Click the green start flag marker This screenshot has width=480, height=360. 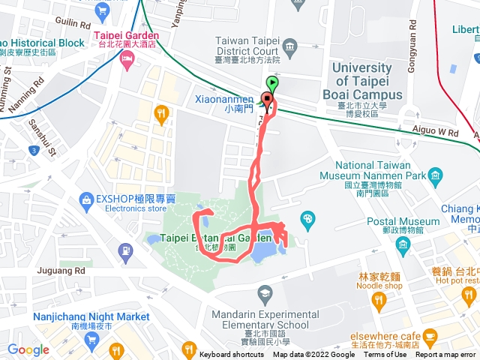272,84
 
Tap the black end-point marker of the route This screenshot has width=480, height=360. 266,98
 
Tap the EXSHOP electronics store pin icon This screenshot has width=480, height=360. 86,199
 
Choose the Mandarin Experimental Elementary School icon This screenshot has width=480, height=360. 262,292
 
